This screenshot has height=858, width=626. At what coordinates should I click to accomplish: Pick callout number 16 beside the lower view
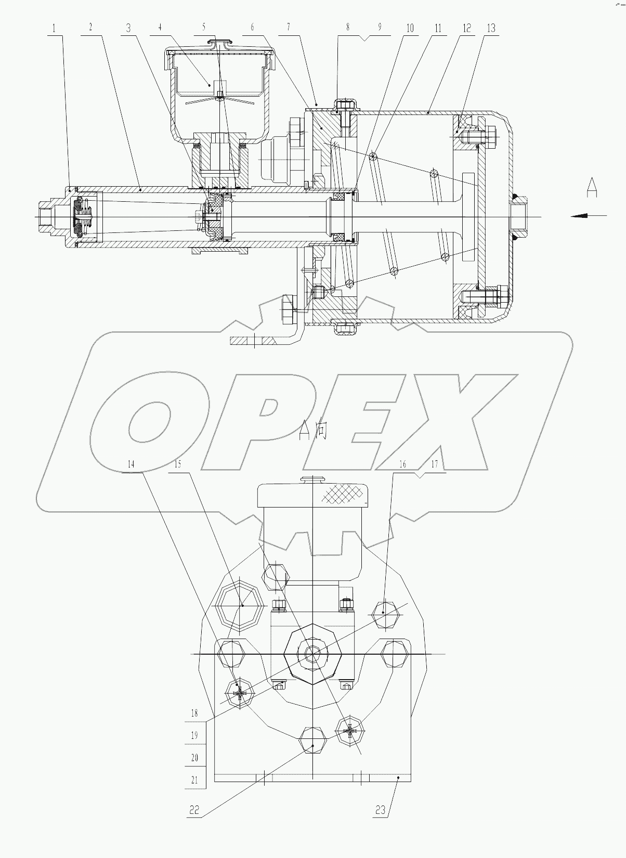403,464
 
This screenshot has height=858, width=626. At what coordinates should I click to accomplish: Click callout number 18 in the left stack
194,713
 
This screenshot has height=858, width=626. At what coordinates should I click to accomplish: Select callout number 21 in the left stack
194,780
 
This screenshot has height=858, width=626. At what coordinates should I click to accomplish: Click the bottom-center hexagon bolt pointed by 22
313,745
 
